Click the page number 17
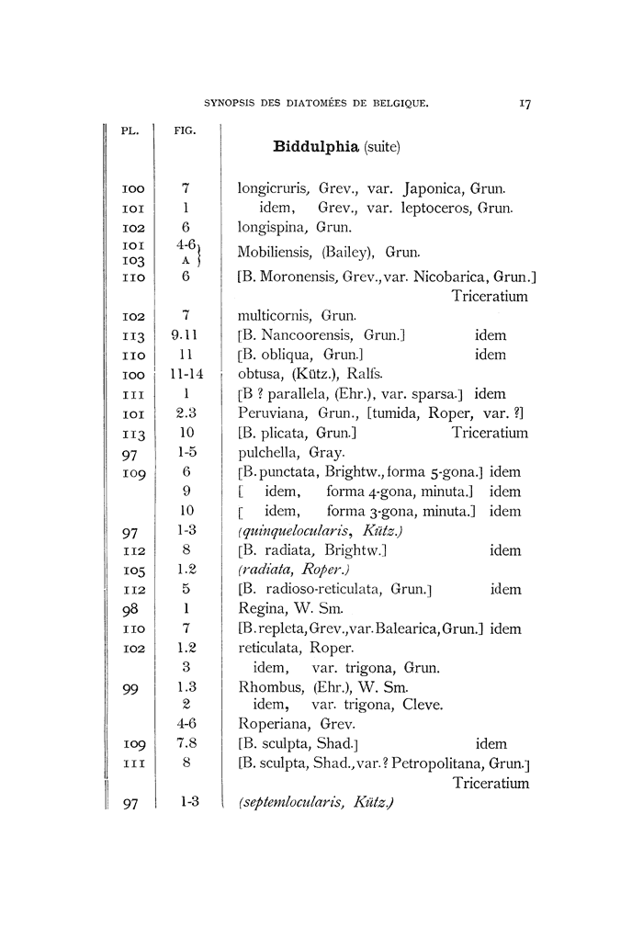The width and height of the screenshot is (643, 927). [525, 104]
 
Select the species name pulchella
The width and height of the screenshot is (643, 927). [266, 452]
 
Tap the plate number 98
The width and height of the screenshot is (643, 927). [130, 609]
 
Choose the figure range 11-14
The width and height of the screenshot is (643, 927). [186, 374]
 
